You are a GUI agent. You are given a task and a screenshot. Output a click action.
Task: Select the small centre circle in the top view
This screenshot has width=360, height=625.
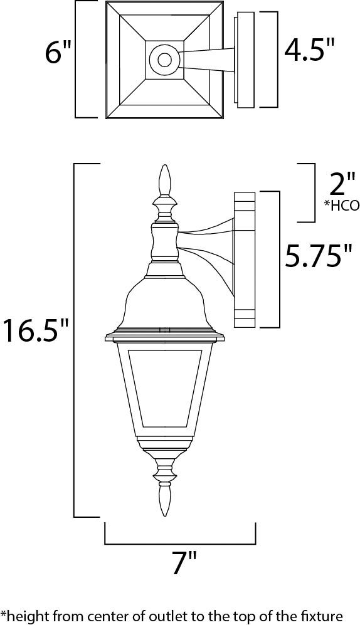pyautogui.click(x=164, y=60)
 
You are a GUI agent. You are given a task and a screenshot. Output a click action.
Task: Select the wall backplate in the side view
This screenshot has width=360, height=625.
pyautogui.click(x=245, y=260)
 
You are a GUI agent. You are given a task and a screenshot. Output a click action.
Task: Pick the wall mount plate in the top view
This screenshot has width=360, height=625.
pyautogui.click(x=244, y=60)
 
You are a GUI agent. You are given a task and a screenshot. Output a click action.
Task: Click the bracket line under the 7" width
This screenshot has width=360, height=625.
pyautogui.click(x=180, y=543)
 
